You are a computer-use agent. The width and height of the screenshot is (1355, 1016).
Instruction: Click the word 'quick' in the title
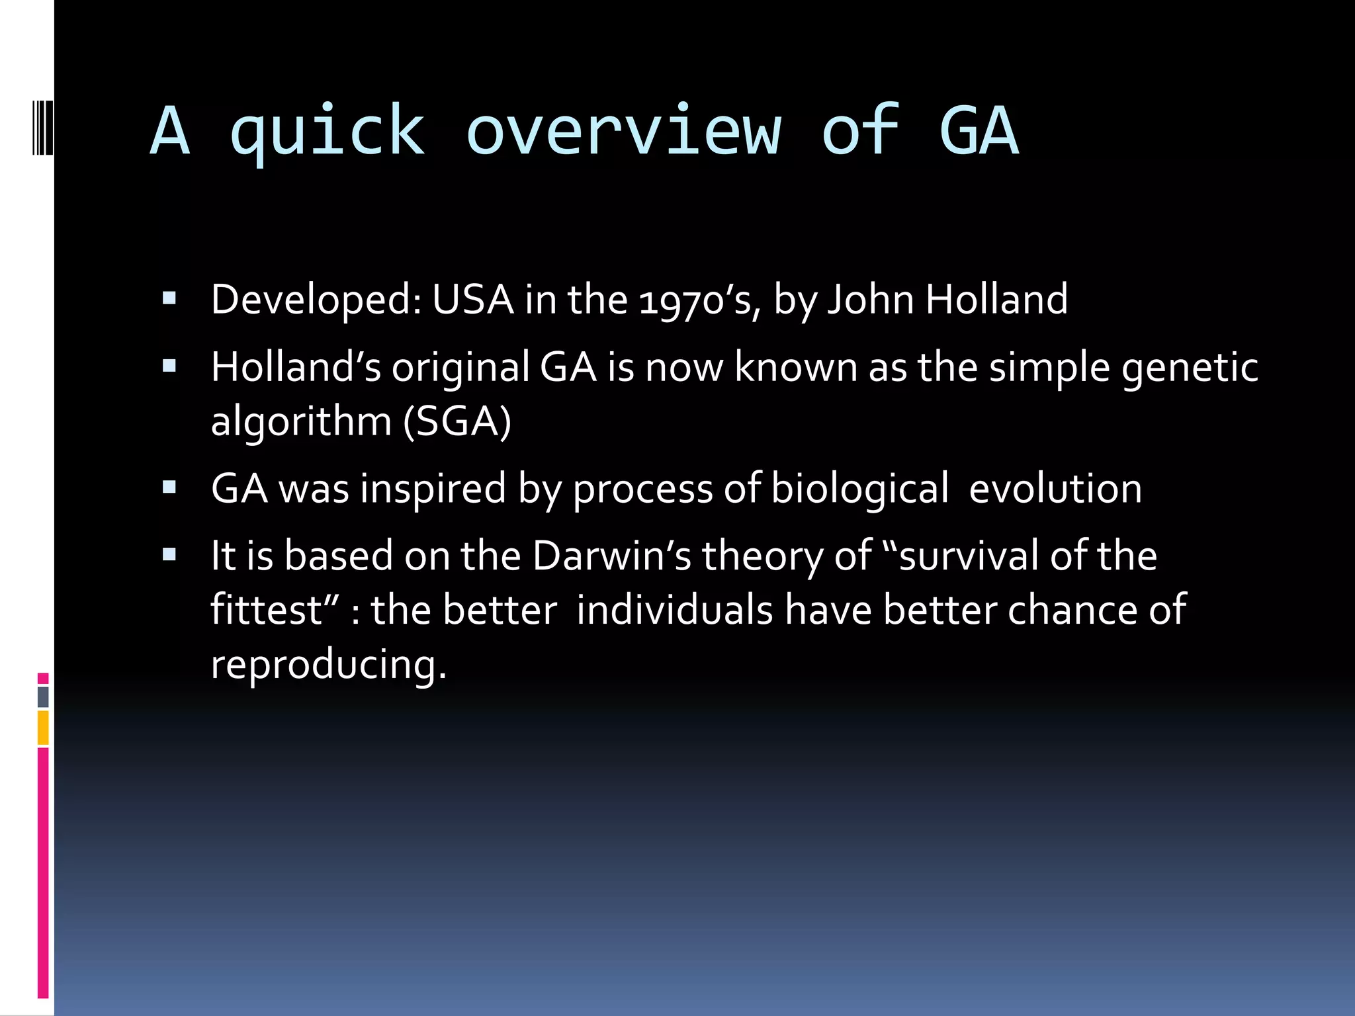327,132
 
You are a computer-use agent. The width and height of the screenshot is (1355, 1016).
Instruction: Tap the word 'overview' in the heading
623,132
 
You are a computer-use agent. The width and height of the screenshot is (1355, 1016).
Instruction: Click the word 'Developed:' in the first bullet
315,300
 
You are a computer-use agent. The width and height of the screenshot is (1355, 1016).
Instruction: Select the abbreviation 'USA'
472,300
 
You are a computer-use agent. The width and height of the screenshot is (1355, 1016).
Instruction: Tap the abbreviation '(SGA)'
457,422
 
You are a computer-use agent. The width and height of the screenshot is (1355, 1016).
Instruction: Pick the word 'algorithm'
301,422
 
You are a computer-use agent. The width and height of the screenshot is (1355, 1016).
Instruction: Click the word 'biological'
859,489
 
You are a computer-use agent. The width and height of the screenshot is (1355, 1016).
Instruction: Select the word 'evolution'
1055,489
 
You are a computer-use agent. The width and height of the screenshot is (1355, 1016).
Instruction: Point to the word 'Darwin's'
611,556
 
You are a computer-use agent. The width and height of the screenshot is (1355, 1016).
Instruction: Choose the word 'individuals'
674,610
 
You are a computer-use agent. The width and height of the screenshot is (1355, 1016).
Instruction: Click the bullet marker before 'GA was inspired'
169,488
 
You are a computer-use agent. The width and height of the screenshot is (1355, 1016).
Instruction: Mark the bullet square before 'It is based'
169,554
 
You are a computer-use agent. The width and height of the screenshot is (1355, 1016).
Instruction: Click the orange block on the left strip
43,728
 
